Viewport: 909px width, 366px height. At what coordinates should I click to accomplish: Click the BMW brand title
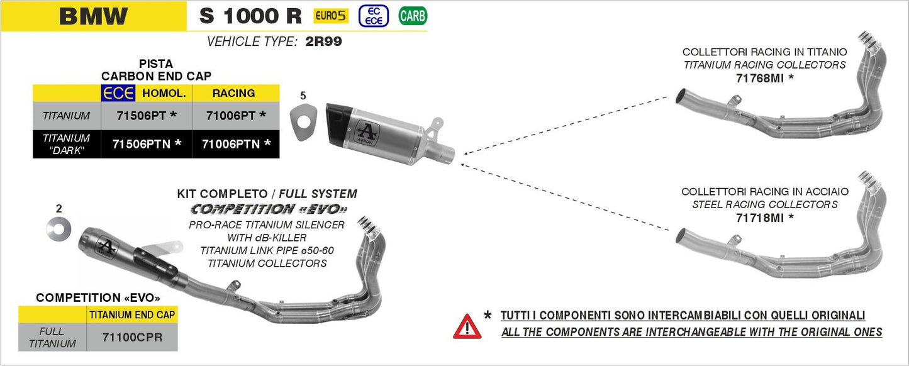pos(93,16)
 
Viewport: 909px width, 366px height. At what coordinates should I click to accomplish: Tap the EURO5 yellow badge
pos(331,15)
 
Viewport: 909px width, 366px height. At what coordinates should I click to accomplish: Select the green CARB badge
pos(412,16)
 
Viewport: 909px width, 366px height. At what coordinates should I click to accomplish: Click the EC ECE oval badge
pos(373,16)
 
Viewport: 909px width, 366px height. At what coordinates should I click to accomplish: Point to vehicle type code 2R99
pos(323,42)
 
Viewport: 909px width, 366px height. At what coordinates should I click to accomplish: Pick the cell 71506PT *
pos(147,116)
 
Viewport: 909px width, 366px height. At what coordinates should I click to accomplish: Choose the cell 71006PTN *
pos(236,144)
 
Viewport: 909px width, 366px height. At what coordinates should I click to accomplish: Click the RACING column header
pos(233,93)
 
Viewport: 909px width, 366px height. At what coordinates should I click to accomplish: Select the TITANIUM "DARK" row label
pos(67,144)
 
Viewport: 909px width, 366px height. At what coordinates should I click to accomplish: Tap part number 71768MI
pos(760,78)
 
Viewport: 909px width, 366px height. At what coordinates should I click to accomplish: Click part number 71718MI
pos(760,218)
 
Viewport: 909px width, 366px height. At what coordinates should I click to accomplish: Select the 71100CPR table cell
pos(131,337)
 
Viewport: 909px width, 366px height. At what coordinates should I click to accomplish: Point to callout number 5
pos(303,96)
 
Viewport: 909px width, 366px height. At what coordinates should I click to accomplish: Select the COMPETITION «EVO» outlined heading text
pos(269,209)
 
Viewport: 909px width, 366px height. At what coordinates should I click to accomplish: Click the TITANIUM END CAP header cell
pos(131,314)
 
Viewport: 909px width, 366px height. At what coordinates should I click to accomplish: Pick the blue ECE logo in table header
pos(118,93)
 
